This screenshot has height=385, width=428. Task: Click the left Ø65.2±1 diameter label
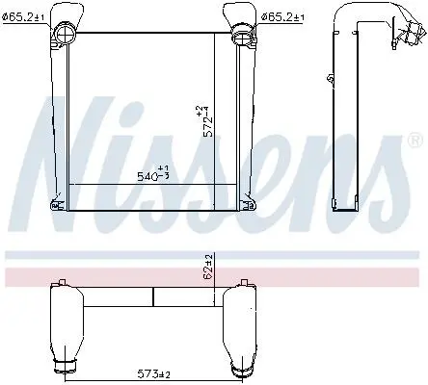(23, 17)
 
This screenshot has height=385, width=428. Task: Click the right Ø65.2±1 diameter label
(281, 17)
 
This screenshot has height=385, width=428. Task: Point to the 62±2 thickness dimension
(208, 267)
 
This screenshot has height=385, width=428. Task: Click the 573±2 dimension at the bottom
(154, 373)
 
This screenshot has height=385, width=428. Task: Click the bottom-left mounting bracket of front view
(56, 205)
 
